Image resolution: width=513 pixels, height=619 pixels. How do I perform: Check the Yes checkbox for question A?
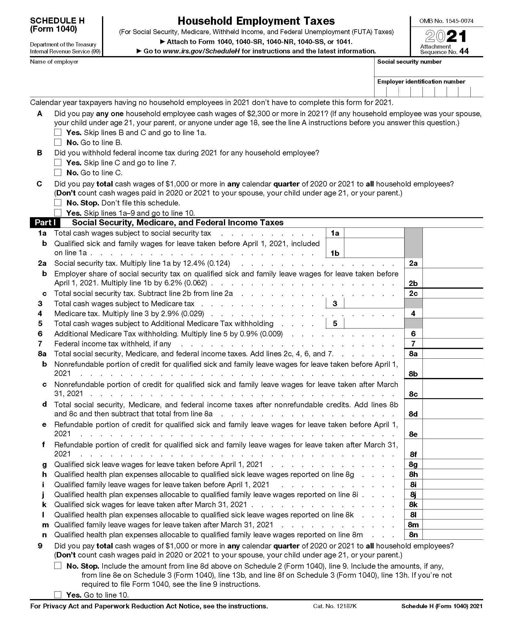click(x=58, y=132)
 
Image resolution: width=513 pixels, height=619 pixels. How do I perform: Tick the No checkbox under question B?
click(x=58, y=173)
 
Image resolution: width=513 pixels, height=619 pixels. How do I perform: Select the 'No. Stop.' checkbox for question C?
click(x=58, y=203)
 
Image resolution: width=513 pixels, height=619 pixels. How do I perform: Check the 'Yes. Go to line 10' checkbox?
click(x=58, y=595)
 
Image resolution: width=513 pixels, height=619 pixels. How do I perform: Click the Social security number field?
click(x=429, y=71)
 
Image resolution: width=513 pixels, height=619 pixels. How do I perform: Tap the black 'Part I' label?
click(x=45, y=223)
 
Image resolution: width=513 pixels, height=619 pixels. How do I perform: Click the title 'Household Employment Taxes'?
click(x=256, y=21)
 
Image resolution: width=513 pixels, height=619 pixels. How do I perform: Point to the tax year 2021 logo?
click(x=446, y=37)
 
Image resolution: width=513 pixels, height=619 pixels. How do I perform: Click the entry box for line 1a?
click(x=374, y=233)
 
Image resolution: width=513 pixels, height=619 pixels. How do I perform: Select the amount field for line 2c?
click(x=453, y=294)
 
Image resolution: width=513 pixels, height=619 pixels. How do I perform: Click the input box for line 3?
click(x=374, y=303)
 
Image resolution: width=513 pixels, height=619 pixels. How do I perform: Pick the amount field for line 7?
click(x=453, y=344)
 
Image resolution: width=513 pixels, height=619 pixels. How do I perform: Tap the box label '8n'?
click(x=413, y=535)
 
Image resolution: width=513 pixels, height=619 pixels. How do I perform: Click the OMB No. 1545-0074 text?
click(x=446, y=21)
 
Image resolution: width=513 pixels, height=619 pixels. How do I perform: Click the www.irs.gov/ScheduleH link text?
click(x=201, y=51)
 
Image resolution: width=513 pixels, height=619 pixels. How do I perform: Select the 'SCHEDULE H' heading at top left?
click(x=57, y=21)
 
